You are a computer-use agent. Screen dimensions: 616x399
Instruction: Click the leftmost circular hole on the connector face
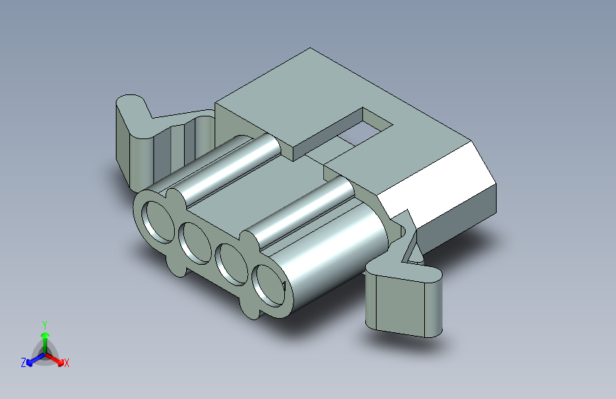coord(158,222)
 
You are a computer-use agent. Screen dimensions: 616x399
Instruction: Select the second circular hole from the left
coord(195,243)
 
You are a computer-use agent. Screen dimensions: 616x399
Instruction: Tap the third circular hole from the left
coord(232,264)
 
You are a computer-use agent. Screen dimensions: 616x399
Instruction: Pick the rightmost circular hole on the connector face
coord(269,285)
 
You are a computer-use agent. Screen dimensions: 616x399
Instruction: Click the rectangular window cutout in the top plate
coord(365,128)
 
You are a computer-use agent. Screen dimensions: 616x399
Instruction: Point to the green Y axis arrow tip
coord(45,335)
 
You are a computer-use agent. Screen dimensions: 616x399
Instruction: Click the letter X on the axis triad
coord(66,363)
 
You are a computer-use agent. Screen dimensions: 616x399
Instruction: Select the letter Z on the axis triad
coord(23,363)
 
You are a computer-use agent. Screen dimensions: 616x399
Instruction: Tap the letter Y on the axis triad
coord(45,324)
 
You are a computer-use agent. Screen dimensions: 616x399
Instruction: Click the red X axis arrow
coord(55,359)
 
